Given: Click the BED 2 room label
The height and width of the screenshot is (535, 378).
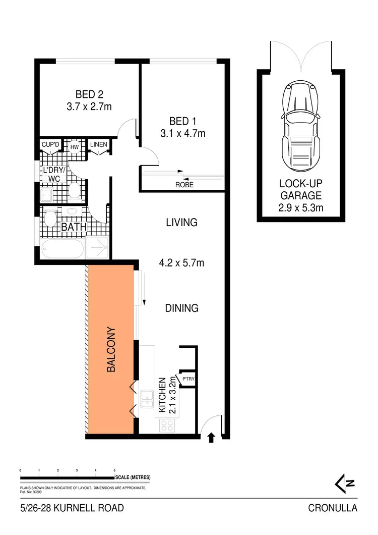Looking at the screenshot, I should [89, 94].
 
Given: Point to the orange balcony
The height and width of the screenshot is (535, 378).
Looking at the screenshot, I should [111, 348].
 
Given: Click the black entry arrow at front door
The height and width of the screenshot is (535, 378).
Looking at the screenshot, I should [211, 437].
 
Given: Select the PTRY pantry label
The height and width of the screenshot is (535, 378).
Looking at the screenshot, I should [188, 379].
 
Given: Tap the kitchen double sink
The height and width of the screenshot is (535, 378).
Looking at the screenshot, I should [147, 399].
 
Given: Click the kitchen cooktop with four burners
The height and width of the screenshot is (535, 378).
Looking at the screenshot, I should [166, 425].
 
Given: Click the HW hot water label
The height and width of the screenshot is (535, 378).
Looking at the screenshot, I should [75, 147].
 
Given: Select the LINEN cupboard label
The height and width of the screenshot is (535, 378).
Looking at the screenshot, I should [98, 145].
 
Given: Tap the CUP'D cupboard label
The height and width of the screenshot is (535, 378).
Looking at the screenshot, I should [50, 145].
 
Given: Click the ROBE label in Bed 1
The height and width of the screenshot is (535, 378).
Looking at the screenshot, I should [184, 185].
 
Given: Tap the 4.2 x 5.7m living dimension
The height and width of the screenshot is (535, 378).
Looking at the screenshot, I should [182, 263].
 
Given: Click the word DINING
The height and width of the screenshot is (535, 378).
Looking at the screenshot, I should [182, 308].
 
